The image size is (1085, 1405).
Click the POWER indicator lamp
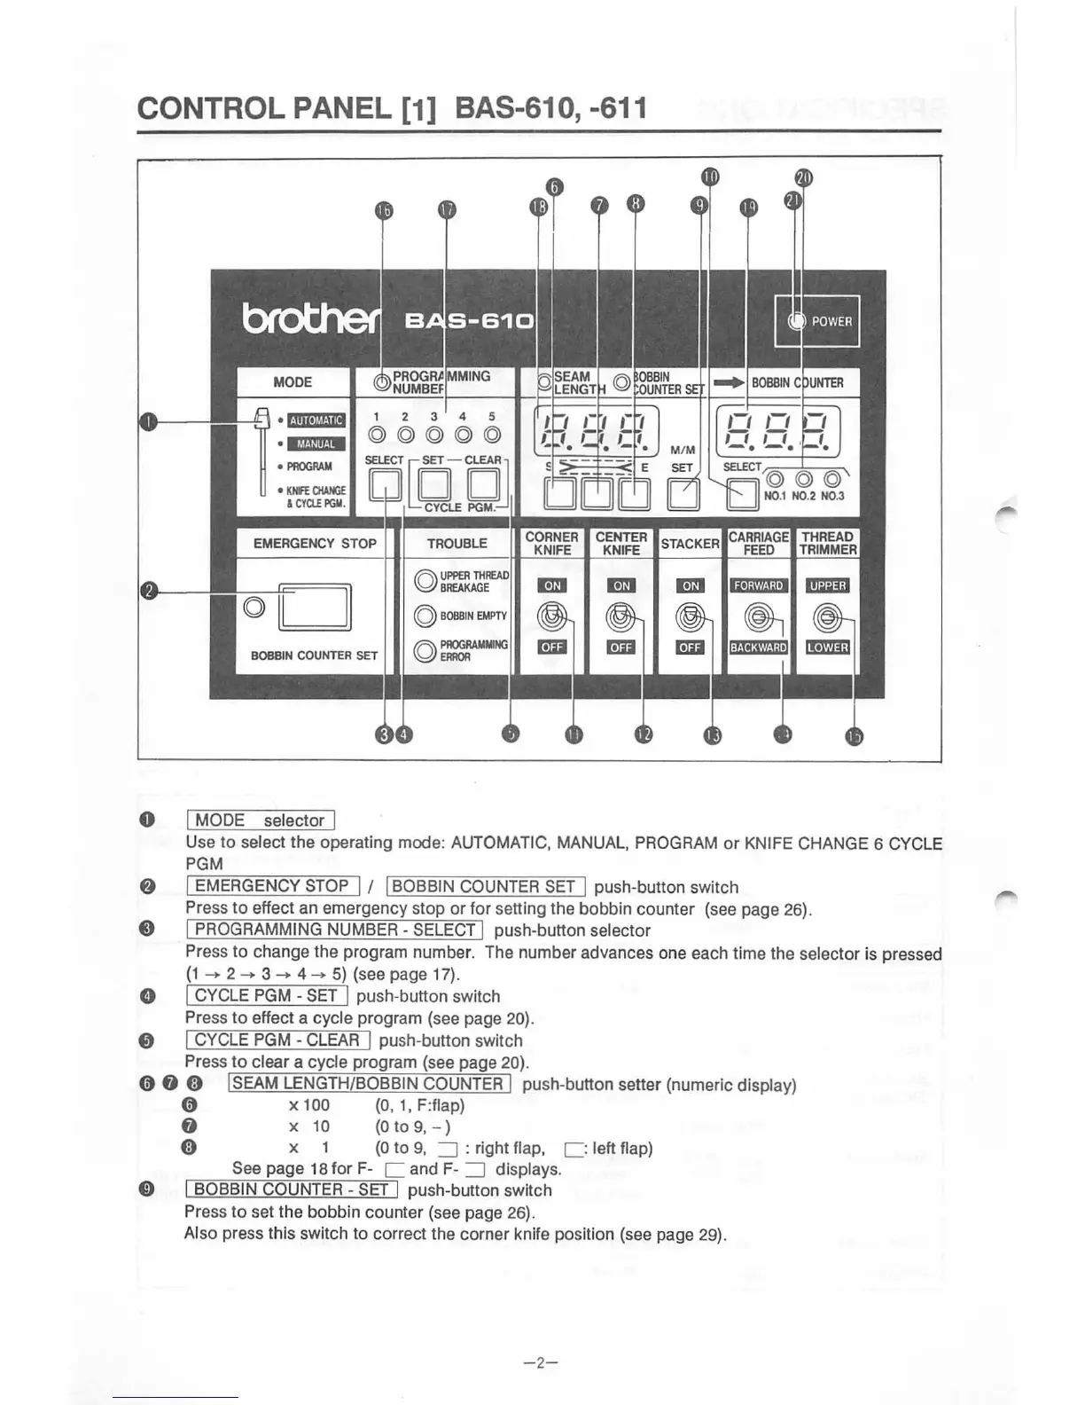pyautogui.click(x=795, y=321)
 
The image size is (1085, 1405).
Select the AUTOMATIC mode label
pyautogui.click(x=316, y=420)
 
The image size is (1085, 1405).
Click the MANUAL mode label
pyautogui.click(x=316, y=443)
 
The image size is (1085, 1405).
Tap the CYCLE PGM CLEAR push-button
pyautogui.click(x=484, y=485)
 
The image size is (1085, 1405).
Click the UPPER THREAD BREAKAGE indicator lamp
pyautogui.click(x=425, y=581)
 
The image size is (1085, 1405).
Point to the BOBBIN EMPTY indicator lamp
pyautogui.click(x=425, y=616)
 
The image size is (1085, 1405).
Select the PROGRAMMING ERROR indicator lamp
pyautogui.click(x=425, y=650)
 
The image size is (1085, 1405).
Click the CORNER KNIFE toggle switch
pyautogui.click(x=552, y=615)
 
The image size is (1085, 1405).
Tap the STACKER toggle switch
pyautogui.click(x=691, y=615)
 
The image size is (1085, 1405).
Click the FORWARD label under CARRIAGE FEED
pyautogui.click(x=758, y=585)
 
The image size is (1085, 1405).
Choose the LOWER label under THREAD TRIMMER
pyautogui.click(x=827, y=647)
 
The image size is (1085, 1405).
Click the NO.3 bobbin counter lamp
pyautogui.click(x=832, y=482)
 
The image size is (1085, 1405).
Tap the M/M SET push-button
pyautogui.click(x=682, y=494)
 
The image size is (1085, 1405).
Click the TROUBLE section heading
pyautogui.click(x=457, y=543)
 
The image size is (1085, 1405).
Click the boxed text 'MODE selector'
pyautogui.click(x=260, y=820)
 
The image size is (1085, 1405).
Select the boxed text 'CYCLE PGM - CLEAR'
pyautogui.click(x=277, y=1040)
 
